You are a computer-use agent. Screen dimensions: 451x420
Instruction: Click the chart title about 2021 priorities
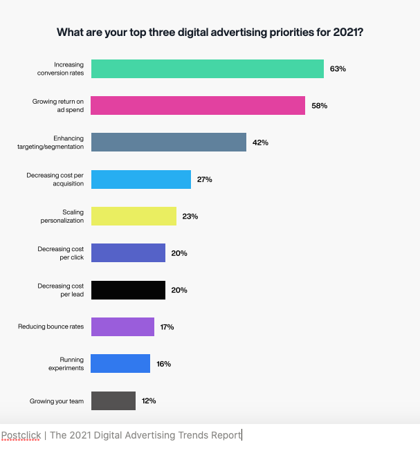[x=210, y=32]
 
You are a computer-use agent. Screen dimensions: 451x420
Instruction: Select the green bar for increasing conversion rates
[x=208, y=69]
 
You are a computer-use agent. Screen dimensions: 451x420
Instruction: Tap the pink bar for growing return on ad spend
[x=198, y=106]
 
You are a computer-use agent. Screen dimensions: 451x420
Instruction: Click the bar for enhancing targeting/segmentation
[x=169, y=142]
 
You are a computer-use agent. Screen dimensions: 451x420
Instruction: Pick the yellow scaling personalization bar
[x=134, y=216]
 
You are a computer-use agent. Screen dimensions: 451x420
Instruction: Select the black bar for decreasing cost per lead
[x=128, y=290]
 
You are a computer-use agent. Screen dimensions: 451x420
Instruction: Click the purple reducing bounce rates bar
[x=122, y=326]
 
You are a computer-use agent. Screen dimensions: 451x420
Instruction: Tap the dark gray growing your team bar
[x=113, y=401]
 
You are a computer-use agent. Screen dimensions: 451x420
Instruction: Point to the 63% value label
[x=338, y=69]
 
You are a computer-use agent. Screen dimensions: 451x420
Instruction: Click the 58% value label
[x=319, y=106]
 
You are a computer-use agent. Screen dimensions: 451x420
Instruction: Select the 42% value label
[x=260, y=142]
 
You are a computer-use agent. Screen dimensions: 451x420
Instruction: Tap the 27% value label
[x=204, y=179]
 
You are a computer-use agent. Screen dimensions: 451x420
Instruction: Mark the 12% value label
[x=149, y=401]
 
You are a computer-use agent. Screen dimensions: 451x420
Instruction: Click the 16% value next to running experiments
[x=163, y=364]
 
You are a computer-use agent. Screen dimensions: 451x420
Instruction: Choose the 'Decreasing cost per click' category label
[x=60, y=252]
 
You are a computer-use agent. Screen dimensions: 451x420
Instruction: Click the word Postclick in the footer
[x=21, y=435]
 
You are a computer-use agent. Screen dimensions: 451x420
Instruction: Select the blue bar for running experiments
[x=120, y=364]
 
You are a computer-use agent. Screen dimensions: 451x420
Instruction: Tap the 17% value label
[x=167, y=326]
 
